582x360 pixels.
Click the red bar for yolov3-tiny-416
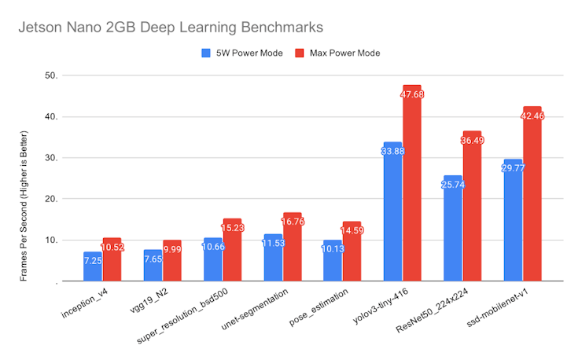[411, 189]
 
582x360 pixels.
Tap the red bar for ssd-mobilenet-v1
[532, 197]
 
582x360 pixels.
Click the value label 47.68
[412, 94]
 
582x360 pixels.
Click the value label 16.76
[292, 222]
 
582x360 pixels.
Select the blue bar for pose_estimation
[333, 263]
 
